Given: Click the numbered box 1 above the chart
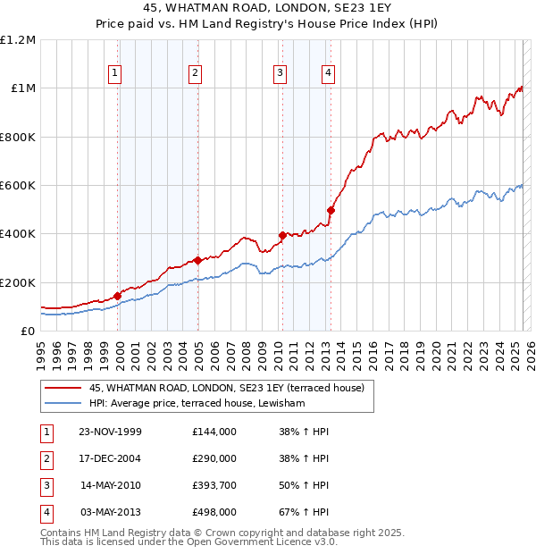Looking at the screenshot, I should click(x=116, y=74).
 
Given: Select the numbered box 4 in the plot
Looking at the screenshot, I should click(x=329, y=74).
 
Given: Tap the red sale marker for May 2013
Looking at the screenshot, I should click(x=331, y=211).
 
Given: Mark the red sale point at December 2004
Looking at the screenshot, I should click(x=197, y=261).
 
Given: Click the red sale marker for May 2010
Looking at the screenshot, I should click(x=282, y=236).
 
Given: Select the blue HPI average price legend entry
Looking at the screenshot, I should click(x=197, y=404).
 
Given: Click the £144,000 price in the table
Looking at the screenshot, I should click(x=214, y=432).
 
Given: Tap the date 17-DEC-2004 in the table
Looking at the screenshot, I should click(x=111, y=458).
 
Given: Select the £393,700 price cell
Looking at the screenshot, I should click(x=214, y=485).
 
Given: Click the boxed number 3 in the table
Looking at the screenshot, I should click(x=46, y=485).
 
